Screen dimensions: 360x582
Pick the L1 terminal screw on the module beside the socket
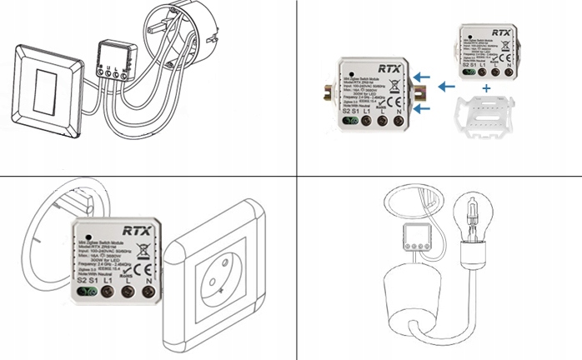point(107,292)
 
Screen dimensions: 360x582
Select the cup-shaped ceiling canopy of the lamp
point(415,294)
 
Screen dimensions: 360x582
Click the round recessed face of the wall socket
point(219,276)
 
